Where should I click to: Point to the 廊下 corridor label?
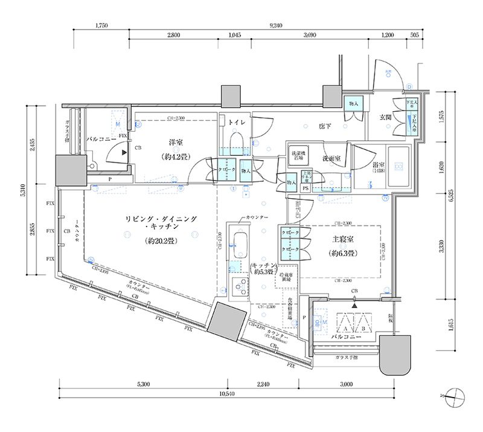327,126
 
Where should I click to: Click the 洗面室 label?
331,159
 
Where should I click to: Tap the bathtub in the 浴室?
398,168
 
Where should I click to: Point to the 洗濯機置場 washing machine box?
298,155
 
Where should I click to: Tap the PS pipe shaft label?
305,189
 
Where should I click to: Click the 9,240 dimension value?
276,25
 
